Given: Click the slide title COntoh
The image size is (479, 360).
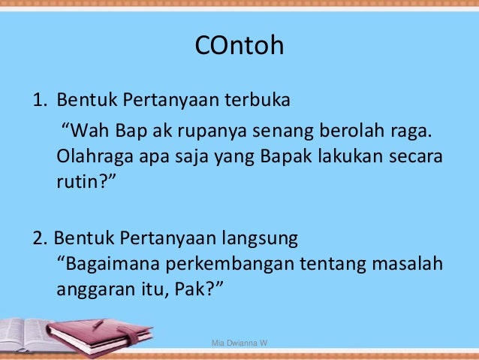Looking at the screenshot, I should click(x=239, y=47).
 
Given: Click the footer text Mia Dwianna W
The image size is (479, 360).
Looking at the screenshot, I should click(x=241, y=343).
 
